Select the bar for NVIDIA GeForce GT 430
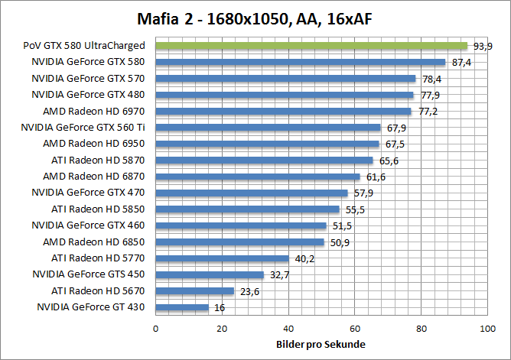pyautogui.click(x=182, y=307)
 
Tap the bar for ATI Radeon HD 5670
pyautogui.click(x=194, y=290)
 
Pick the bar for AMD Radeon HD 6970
pyautogui.click(x=283, y=111)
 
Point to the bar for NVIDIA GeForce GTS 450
pyautogui.click(x=210, y=274)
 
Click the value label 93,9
pyautogui.click(x=483, y=47)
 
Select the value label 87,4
pyautogui.click(x=461, y=63)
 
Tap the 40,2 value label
pyautogui.click(x=304, y=258)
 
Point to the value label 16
pyautogui.click(x=219, y=307)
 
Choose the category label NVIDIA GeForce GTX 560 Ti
pyautogui.click(x=83, y=127)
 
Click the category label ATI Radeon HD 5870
pyautogui.click(x=98, y=160)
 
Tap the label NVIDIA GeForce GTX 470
pyautogui.click(x=88, y=193)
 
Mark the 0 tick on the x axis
pyautogui.click(x=156, y=329)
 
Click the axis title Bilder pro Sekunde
pyautogui.click(x=321, y=344)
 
